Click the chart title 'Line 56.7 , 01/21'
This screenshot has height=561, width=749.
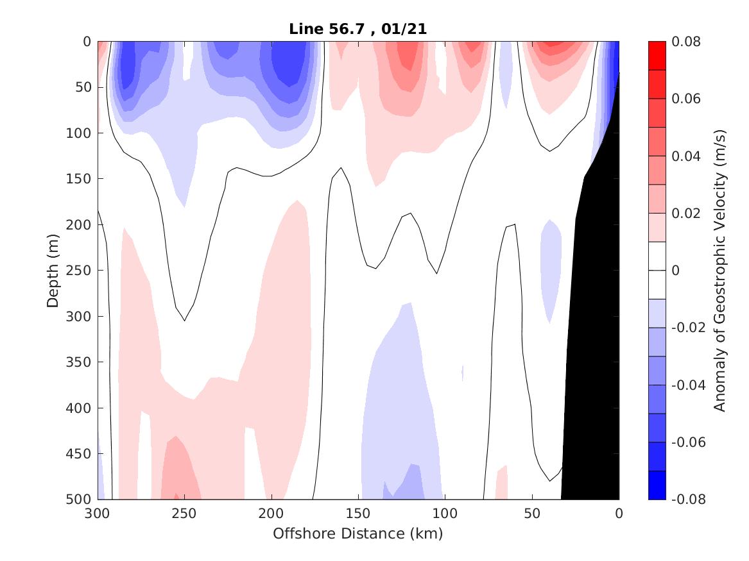tap(358, 28)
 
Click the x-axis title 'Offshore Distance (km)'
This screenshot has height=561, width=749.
tap(358, 533)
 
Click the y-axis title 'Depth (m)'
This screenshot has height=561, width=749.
tap(53, 271)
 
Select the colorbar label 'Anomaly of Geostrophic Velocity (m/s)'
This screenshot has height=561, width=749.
tap(719, 271)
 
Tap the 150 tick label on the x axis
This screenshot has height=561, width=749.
tap(358, 513)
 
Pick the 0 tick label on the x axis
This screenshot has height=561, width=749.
tap(619, 513)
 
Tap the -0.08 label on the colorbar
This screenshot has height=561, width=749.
tap(686, 499)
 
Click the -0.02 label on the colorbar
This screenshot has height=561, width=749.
tap(686, 328)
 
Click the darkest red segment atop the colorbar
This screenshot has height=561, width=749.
tap(657, 56)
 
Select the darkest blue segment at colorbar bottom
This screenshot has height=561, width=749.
tap(657, 485)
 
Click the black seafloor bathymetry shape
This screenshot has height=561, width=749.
tap(594, 321)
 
